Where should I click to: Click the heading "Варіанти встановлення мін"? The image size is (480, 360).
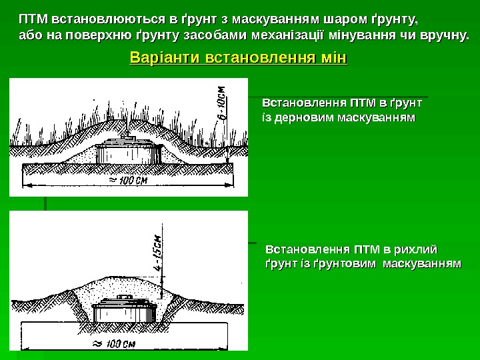pos(239,59)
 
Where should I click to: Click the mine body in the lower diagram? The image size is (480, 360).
pos(124,313)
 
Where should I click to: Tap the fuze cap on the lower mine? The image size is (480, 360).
pos(123,297)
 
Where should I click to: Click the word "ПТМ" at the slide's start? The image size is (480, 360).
pos(33,17)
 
